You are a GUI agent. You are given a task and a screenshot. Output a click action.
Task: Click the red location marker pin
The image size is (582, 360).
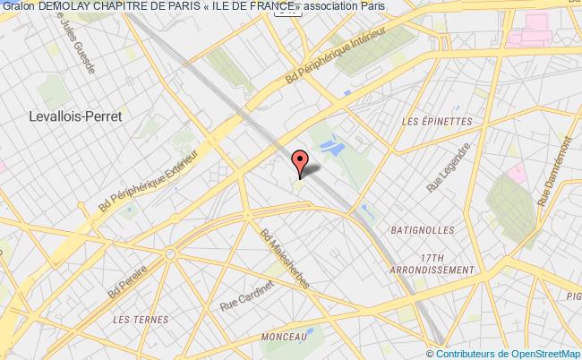pos(301,161)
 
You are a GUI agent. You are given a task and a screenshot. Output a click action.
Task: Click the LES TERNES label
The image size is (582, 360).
pos(138,318)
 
